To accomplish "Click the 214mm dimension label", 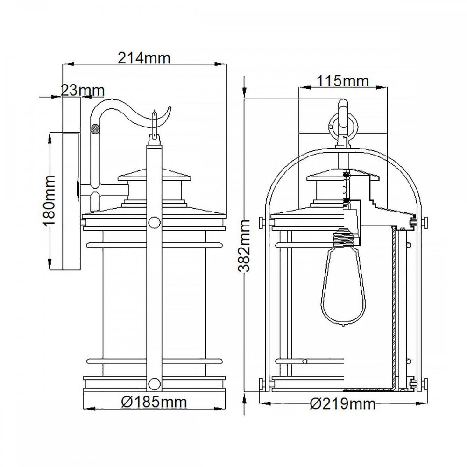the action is coord(144,57).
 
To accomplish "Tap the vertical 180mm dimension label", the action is coord(48,201).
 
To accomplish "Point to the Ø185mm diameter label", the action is coord(154,402).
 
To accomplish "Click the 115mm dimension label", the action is coord(342,81).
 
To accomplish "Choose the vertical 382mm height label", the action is coord(245,246).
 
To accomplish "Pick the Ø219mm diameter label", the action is coord(342,403).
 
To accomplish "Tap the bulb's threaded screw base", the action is coord(343,237).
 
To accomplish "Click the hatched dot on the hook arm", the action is coord(95,129).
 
